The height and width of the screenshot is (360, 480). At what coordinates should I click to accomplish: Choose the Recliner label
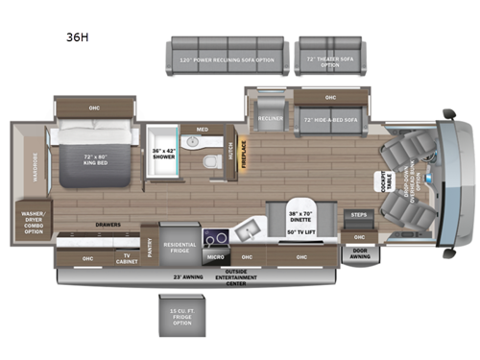pos(269,120)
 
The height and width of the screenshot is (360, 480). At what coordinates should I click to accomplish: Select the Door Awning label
pos(361,256)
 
